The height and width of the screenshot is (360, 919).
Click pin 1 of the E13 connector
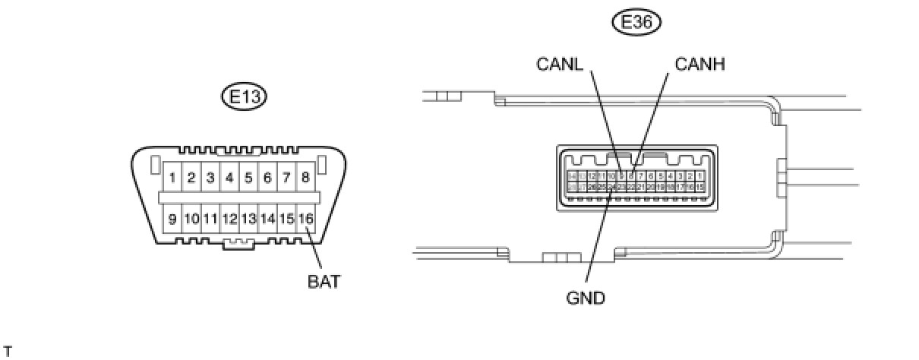click(x=173, y=178)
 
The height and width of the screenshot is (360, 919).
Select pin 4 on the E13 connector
click(x=229, y=178)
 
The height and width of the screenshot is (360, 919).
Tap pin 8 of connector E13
click(x=305, y=178)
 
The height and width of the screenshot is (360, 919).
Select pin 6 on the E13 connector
click(x=267, y=178)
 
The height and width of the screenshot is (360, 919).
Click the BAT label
click(x=324, y=282)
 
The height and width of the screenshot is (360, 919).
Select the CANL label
click(x=561, y=65)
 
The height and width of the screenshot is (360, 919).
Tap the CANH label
click(x=700, y=65)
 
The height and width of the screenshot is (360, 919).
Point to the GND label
click(x=586, y=298)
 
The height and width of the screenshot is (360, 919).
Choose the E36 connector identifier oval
click(x=636, y=23)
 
